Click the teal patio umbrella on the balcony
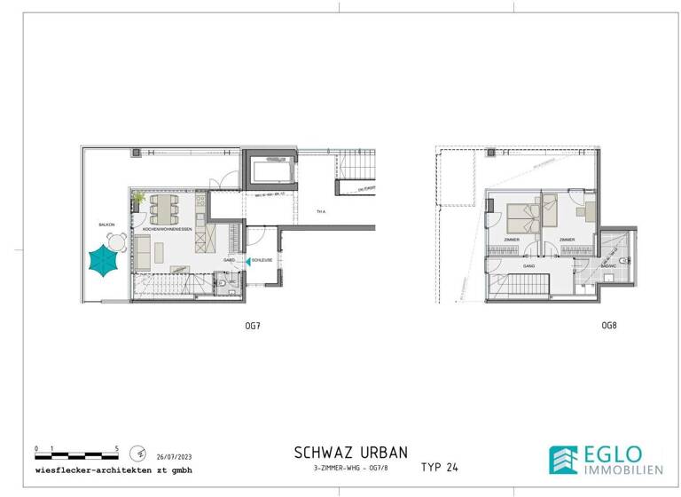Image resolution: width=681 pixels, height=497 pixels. (105, 262)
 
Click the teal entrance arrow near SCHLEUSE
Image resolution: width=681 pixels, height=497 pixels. (247, 261)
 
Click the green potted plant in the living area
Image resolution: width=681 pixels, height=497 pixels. (138, 197)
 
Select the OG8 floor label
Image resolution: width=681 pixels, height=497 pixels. (608, 327)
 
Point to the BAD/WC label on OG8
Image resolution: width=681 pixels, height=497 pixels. (609, 265)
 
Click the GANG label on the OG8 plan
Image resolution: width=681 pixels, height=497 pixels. (528, 265)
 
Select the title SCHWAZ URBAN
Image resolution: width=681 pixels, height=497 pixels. (350, 452)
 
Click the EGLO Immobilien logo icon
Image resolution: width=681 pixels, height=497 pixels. (562, 459)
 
